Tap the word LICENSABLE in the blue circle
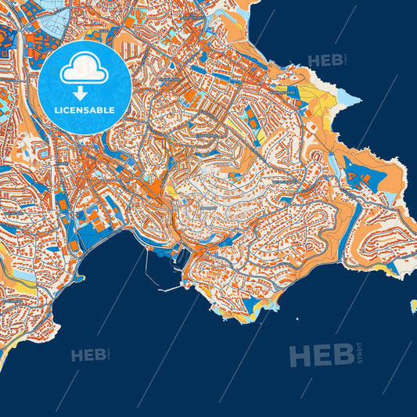pyautogui.click(x=84, y=110)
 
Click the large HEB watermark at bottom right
pyautogui.click(x=321, y=356)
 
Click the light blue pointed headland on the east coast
pyautogui.click(x=347, y=98)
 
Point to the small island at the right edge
pyautogui.click(x=413, y=306)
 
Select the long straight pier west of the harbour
pyautogui.click(x=148, y=266)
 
